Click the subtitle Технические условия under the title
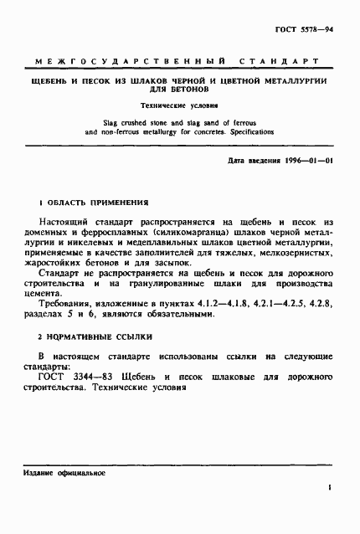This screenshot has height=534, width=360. pos(181,106)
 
